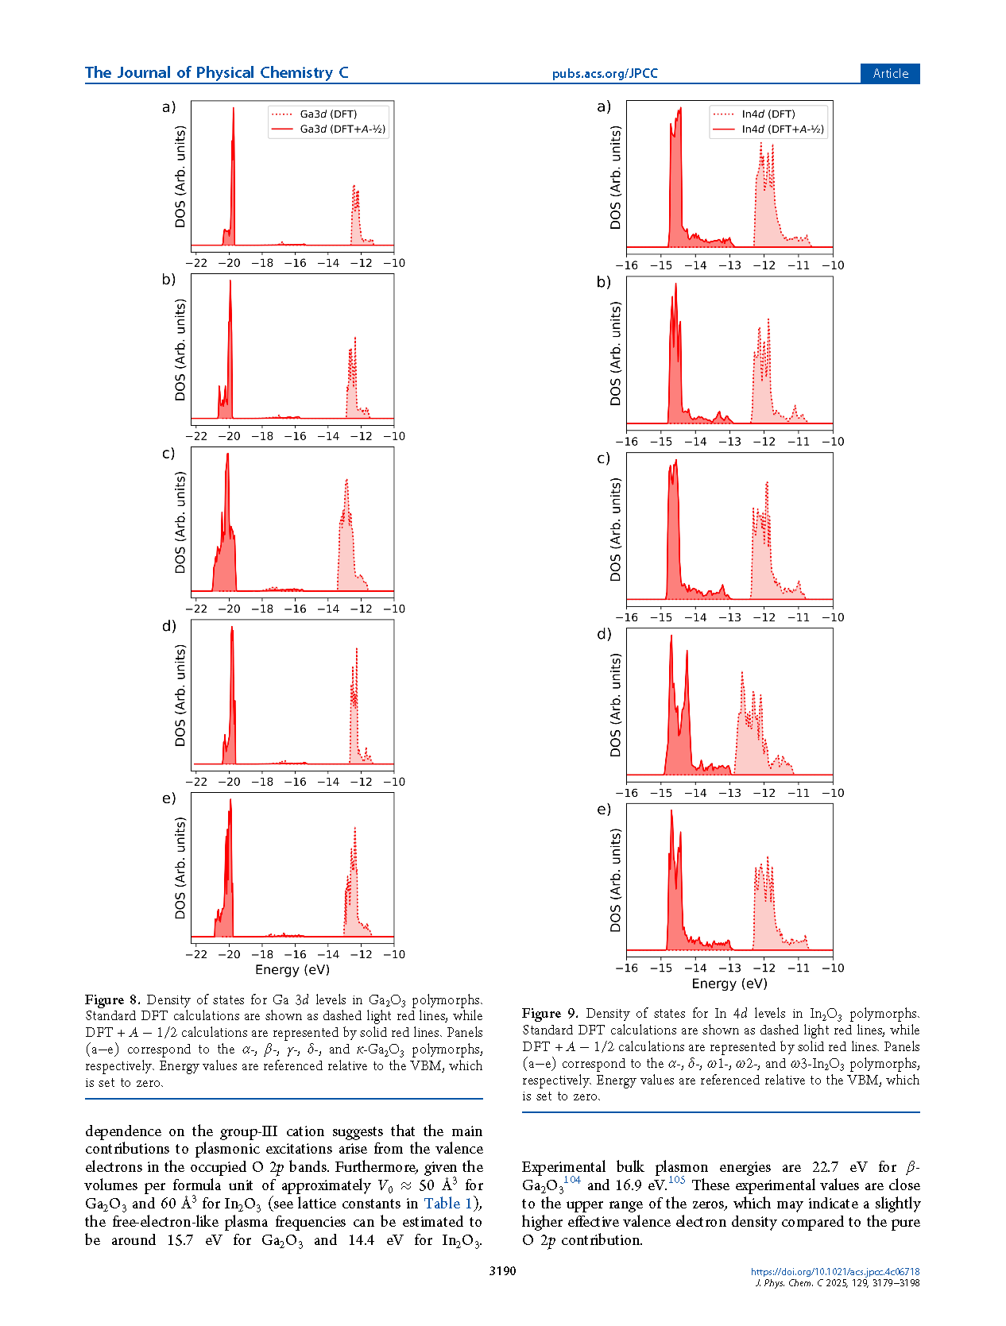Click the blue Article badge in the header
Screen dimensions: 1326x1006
(x=889, y=73)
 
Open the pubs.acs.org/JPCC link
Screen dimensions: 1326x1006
(x=605, y=74)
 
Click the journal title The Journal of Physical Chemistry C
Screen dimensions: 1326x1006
(x=216, y=73)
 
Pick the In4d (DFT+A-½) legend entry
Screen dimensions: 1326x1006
(x=782, y=129)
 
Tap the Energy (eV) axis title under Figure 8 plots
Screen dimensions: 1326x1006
(x=292, y=969)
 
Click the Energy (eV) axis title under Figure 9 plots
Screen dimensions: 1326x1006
(x=729, y=984)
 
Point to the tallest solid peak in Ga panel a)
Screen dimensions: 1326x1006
(x=233, y=111)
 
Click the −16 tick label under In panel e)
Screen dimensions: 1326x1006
(x=627, y=968)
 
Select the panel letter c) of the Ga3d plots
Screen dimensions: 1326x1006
(x=168, y=454)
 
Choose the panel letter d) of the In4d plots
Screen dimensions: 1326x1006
(x=604, y=634)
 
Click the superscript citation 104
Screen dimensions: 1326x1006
(x=572, y=1181)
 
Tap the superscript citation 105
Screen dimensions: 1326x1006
(x=676, y=1181)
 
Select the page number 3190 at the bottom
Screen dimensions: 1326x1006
(x=502, y=1271)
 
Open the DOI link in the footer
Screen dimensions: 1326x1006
(x=834, y=1272)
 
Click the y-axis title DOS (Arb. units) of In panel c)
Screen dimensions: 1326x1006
(x=616, y=529)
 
